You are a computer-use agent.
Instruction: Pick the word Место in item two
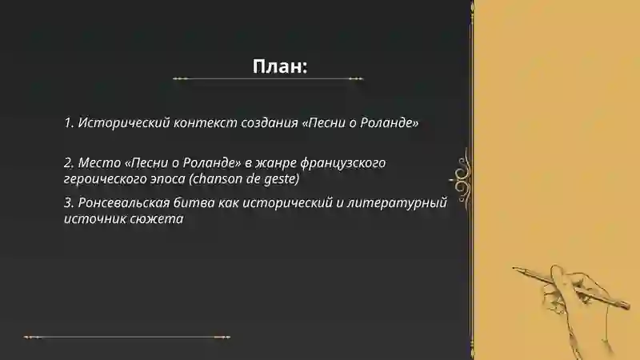pyautogui.click(x=99, y=163)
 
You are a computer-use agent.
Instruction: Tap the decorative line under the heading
pyautogui.click(x=268, y=79)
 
